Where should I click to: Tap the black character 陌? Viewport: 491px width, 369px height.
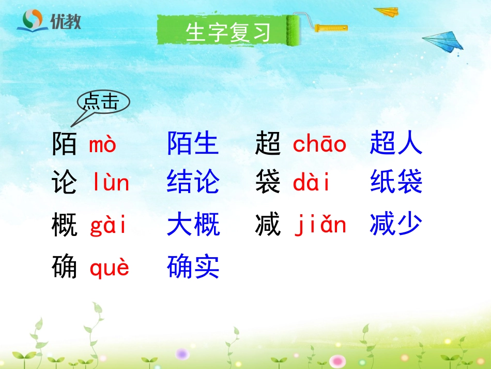click(65, 144)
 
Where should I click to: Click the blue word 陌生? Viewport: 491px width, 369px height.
click(193, 144)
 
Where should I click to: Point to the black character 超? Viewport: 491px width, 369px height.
click(268, 144)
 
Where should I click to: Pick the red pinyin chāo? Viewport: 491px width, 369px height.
click(319, 144)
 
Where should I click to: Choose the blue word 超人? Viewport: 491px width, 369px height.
click(396, 144)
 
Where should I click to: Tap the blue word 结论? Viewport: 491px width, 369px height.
click(193, 183)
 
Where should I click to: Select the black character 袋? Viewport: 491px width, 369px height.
click(268, 183)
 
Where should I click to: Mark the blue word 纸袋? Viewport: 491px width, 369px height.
click(396, 183)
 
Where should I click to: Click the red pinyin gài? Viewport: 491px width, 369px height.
click(108, 226)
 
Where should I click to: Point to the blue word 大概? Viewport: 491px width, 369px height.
click(193, 225)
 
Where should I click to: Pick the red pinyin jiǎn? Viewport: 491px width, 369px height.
click(320, 226)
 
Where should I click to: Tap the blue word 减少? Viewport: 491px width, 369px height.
click(396, 225)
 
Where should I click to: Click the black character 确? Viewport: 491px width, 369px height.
click(65, 267)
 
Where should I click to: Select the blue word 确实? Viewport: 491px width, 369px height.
click(193, 267)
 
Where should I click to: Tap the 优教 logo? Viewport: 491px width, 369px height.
click(49, 21)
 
